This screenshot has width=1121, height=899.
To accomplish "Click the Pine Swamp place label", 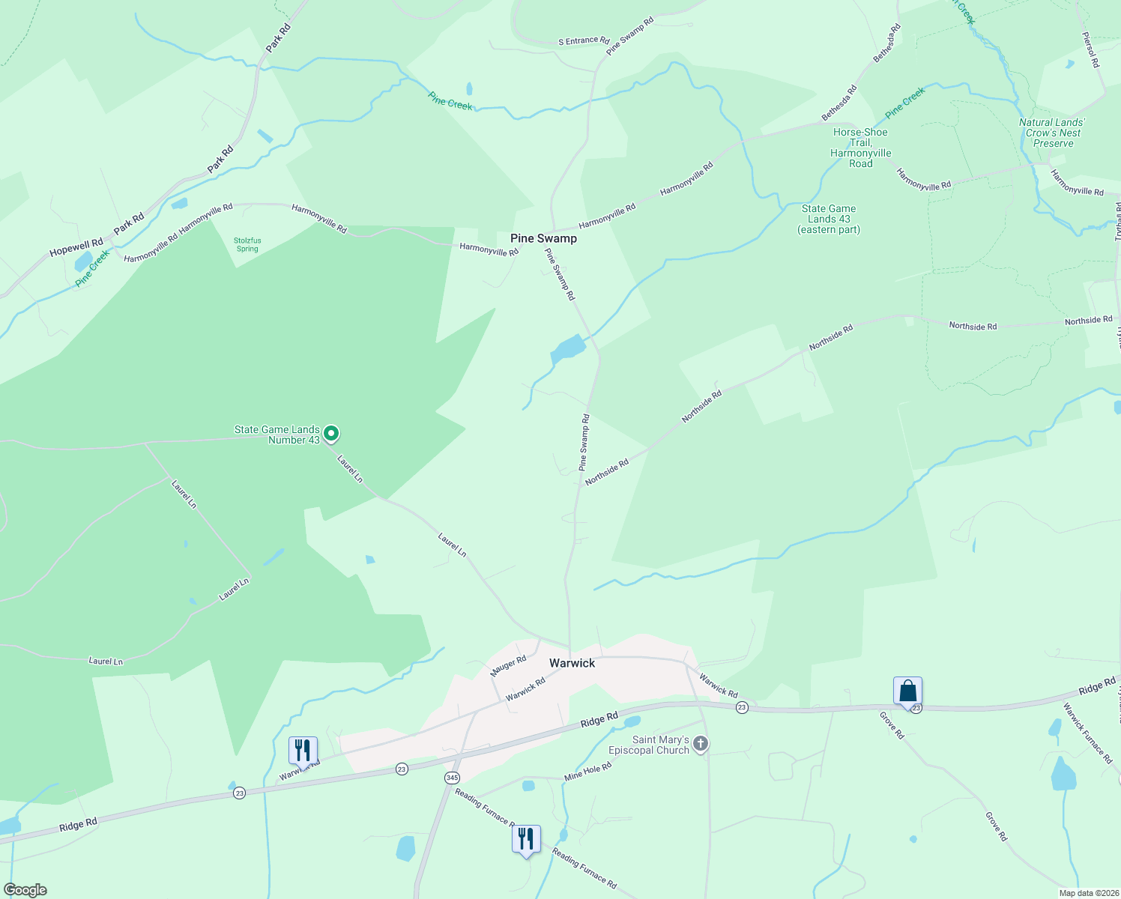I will point(543,238).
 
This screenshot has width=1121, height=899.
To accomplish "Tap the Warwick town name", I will point(572,663).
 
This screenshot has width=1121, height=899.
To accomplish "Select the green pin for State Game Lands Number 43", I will point(331,433).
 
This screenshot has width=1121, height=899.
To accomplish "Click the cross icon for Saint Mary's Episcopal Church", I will point(701,744).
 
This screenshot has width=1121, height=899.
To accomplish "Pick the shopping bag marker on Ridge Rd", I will point(907,691).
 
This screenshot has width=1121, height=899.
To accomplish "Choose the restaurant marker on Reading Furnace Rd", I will point(526,838).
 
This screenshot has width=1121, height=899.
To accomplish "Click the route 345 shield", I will point(452,778).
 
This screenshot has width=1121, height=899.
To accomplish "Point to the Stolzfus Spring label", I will point(247,245).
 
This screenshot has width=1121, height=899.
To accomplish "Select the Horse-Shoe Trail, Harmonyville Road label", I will point(860,148).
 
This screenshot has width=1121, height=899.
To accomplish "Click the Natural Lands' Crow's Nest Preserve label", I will point(1052,133).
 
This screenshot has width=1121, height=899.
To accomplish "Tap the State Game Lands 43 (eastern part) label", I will point(829,219).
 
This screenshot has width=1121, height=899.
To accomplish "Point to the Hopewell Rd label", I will point(76,247).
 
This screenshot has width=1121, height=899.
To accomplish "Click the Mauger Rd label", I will point(508,665).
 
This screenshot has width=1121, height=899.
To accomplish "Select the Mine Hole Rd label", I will point(587,772).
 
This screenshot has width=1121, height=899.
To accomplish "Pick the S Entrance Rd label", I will point(584,40).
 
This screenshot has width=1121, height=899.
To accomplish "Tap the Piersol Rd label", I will point(1090,49).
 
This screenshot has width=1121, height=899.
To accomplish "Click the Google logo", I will point(25,889).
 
